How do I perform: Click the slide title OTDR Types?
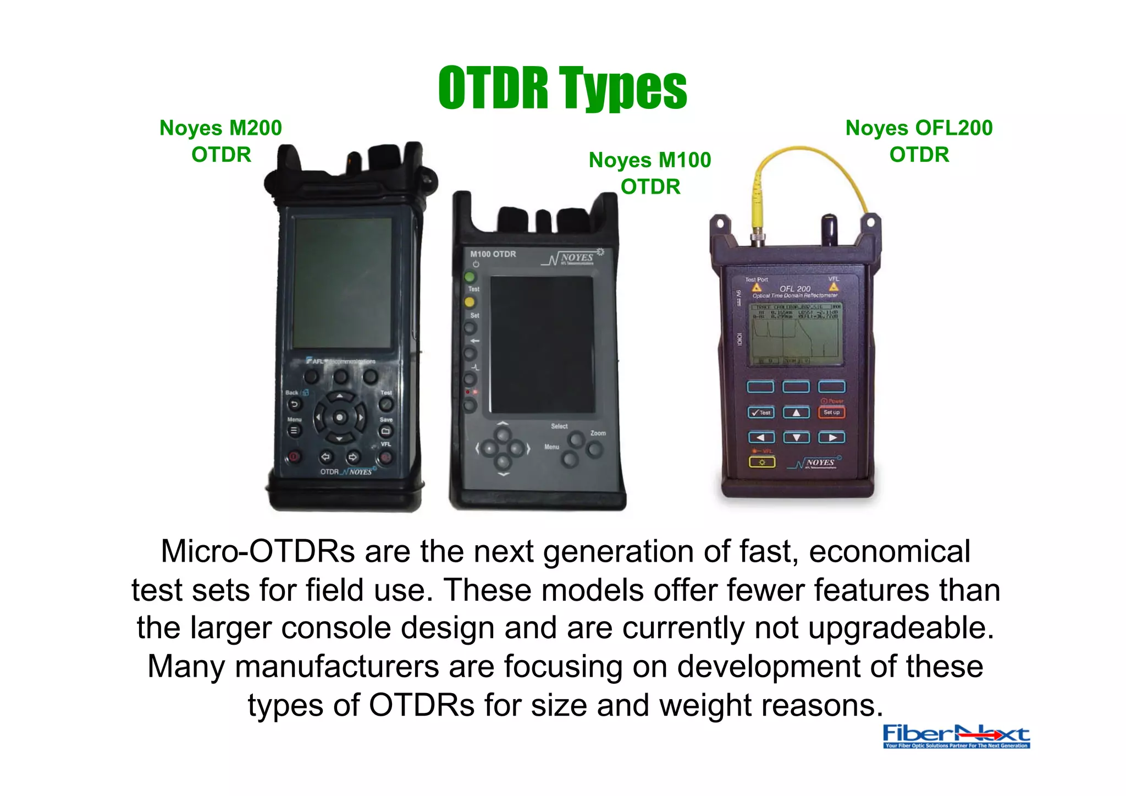pyautogui.click(x=562, y=88)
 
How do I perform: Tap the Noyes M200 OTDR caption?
pyautogui.click(x=221, y=141)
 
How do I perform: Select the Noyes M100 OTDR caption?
pyautogui.click(x=650, y=173)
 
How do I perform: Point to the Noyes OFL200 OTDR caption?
pyautogui.click(x=919, y=141)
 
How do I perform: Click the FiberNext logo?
pyautogui.click(x=956, y=736)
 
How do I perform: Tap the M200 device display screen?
pyautogui.click(x=343, y=282)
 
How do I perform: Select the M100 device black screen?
pyautogui.click(x=542, y=344)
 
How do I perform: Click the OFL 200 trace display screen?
pyautogui.click(x=796, y=333)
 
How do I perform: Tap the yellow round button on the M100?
pyautogui.click(x=470, y=302)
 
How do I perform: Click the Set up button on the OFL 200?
pyautogui.click(x=831, y=413)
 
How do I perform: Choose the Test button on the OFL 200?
pyautogui.click(x=761, y=413)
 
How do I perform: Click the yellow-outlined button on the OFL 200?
pyautogui.click(x=762, y=462)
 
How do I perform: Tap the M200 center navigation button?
pyautogui.click(x=340, y=418)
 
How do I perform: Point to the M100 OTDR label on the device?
pyautogui.click(x=493, y=254)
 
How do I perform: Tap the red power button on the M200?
pyautogui.click(x=294, y=457)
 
